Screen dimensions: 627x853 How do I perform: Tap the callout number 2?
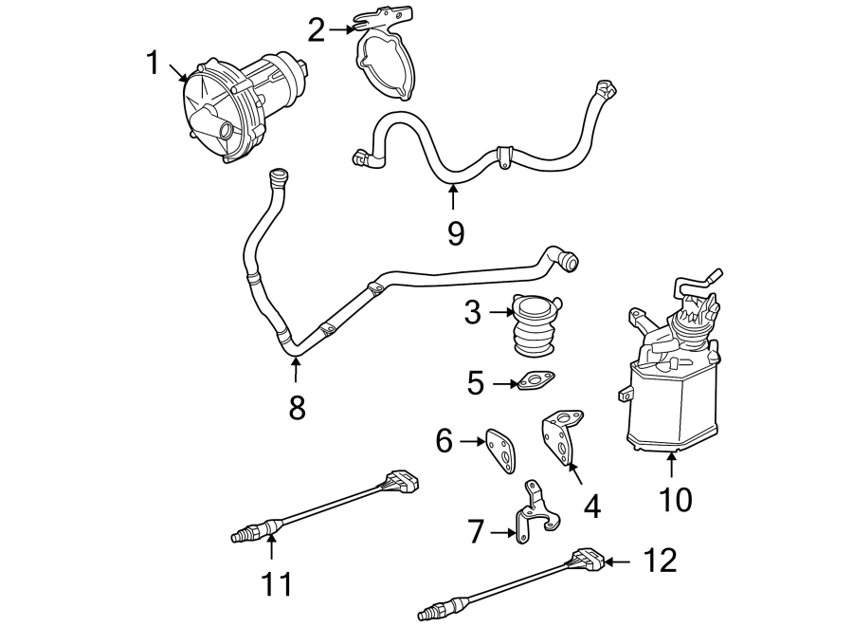coord(317,30)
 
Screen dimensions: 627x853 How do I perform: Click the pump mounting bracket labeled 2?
coord(387,57)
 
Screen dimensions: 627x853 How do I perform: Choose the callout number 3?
coord(473,311)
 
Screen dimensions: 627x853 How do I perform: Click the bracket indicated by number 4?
coord(561,435)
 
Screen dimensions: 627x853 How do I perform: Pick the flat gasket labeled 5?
coord(536,383)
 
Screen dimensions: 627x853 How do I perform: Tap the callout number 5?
coord(476,383)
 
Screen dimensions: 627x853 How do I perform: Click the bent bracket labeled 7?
coord(534,518)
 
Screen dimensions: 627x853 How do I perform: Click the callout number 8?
coord(297,408)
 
